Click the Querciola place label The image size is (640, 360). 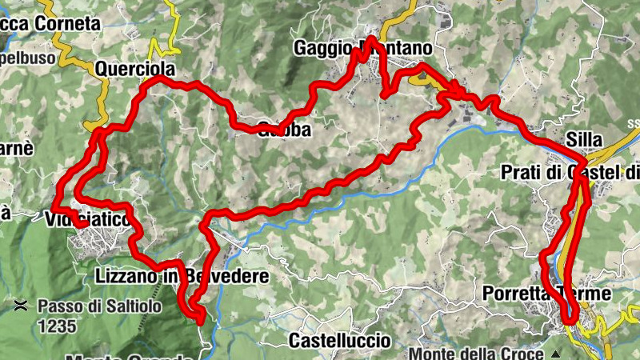click(x=135, y=69)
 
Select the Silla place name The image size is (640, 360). click(x=582, y=136)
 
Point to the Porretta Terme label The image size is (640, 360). click(x=546, y=294)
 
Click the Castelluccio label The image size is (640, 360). click(x=339, y=341)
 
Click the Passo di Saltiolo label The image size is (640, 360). click(x=99, y=306)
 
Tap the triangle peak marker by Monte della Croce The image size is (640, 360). click(x=553, y=353)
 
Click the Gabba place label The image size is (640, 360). click(x=284, y=130)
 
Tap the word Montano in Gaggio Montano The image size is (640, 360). click(x=397, y=48)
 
